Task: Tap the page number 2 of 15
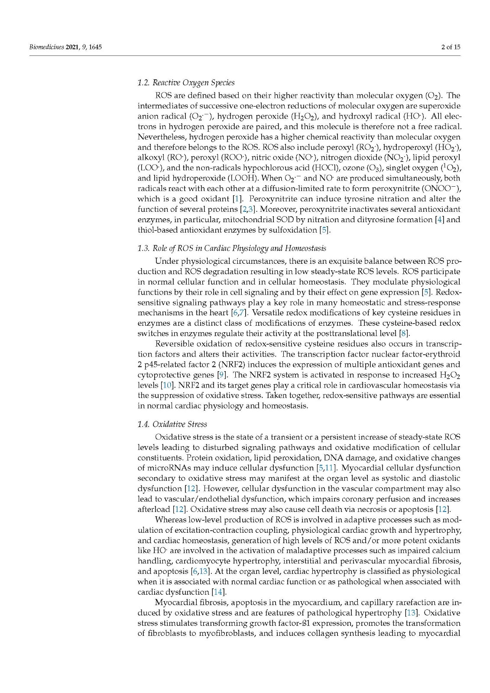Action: point(450,47)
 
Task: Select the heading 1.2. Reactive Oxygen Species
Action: point(186,83)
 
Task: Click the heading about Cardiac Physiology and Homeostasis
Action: point(232,248)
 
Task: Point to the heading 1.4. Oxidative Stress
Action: point(172,424)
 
